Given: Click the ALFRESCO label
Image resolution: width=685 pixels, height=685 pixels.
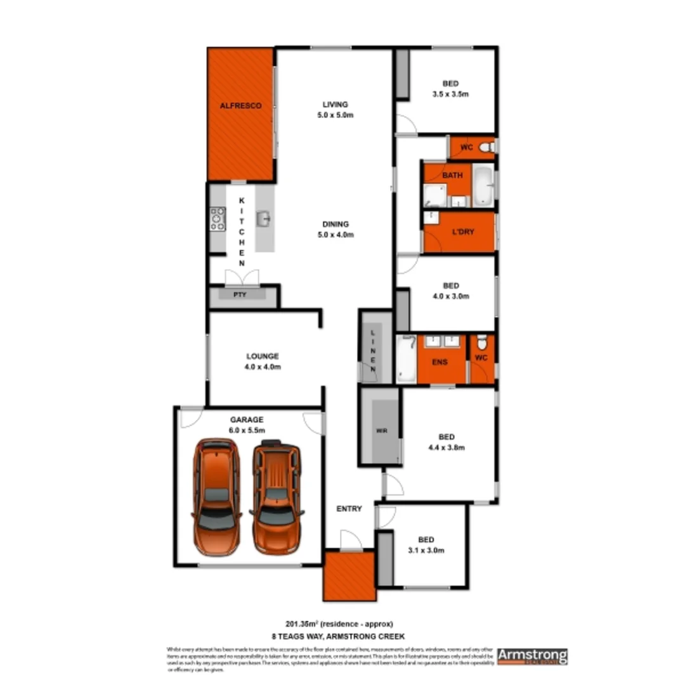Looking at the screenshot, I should pyautogui.click(x=240, y=107).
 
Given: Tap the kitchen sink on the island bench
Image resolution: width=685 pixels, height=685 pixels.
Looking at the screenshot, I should pyautogui.click(x=264, y=219).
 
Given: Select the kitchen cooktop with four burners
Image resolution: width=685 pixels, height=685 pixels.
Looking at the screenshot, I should pyautogui.click(x=218, y=218).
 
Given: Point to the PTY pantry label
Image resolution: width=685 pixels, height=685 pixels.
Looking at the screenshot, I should pyautogui.click(x=240, y=295).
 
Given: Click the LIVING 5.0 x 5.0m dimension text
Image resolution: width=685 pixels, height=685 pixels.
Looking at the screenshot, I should pyautogui.click(x=335, y=115).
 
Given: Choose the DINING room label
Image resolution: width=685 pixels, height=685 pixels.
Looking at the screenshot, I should pyautogui.click(x=335, y=224).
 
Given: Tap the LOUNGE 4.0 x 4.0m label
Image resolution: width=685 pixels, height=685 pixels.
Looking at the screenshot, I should pyautogui.click(x=263, y=362).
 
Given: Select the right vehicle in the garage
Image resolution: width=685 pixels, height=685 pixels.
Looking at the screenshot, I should pyautogui.click(x=277, y=496).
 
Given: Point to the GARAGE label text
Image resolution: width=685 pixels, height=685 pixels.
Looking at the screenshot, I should pyautogui.click(x=247, y=419).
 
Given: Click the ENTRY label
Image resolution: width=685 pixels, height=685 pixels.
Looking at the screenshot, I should pyautogui.click(x=349, y=509).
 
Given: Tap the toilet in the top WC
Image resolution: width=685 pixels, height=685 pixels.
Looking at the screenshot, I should pyautogui.click(x=486, y=148).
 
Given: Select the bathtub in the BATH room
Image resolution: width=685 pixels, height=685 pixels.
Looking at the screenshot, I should pyautogui.click(x=483, y=185).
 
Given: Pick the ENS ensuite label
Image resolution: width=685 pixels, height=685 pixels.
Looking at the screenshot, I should pyautogui.click(x=440, y=362).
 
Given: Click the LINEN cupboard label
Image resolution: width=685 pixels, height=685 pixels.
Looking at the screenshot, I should pyautogui.click(x=374, y=351).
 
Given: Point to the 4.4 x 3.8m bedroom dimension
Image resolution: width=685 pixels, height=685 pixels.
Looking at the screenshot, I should pyautogui.click(x=447, y=447).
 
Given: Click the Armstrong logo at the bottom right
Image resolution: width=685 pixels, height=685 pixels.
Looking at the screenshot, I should pyautogui.click(x=532, y=655).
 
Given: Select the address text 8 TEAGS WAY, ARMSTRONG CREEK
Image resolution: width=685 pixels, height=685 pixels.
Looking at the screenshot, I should pyautogui.click(x=343, y=636).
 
